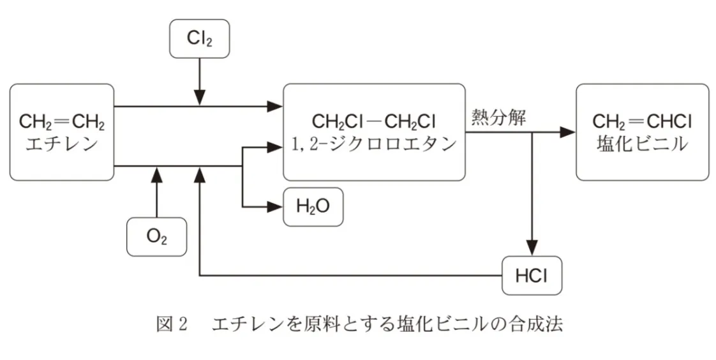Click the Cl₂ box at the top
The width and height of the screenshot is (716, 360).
(200, 39)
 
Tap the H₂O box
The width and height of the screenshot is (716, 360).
(313, 207)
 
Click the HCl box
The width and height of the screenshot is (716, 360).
(532, 276)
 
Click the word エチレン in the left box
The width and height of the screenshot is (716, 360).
(62, 144)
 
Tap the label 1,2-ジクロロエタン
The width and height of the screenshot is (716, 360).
(374, 144)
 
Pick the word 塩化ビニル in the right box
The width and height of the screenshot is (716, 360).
(642, 144)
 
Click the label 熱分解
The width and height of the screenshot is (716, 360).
(498, 118)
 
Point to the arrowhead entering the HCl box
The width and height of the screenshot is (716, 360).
(532, 248)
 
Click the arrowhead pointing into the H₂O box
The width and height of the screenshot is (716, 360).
(275, 207)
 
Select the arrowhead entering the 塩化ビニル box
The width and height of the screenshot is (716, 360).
(567, 132)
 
